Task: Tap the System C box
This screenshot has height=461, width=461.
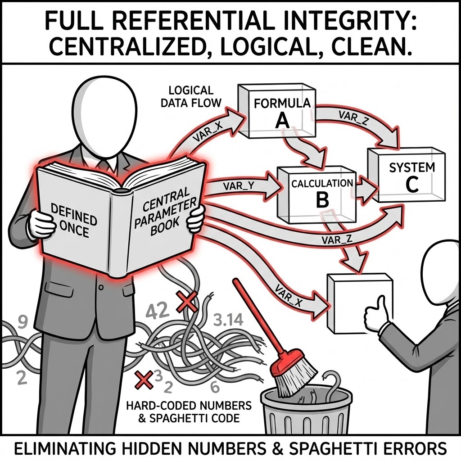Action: (x=405, y=176)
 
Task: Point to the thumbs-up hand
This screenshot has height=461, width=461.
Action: (x=377, y=313)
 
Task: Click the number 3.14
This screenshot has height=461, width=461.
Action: (x=227, y=321)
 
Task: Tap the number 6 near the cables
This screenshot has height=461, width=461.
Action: (x=215, y=385)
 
